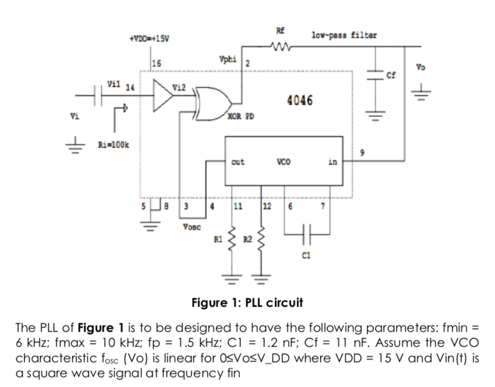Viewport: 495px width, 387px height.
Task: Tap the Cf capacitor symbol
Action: (x=376, y=75)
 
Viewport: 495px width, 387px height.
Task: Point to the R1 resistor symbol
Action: (x=233, y=239)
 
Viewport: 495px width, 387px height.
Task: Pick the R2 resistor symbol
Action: (x=261, y=239)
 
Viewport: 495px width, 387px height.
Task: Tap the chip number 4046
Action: (x=300, y=100)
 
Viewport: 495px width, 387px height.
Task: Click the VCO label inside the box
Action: (x=283, y=162)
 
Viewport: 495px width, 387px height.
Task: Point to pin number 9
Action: (x=362, y=153)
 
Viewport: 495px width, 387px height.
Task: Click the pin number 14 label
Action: (x=130, y=88)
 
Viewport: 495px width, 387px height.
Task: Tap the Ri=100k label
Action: (x=113, y=145)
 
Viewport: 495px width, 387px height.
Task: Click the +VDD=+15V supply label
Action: (x=149, y=39)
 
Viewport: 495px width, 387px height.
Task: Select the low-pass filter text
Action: (x=344, y=35)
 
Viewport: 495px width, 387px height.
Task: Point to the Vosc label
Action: (x=191, y=227)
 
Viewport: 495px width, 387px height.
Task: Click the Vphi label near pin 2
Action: (x=228, y=59)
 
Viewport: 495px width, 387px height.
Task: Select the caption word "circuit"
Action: (x=284, y=303)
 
